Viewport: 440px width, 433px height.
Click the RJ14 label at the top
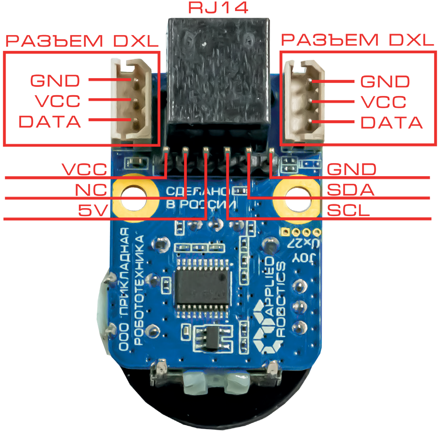[218, 8]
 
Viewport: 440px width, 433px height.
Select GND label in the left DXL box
[55, 81]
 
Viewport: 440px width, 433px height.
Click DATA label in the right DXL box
[391, 122]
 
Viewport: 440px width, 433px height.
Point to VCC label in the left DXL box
[58, 101]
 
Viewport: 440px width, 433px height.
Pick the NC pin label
[91, 190]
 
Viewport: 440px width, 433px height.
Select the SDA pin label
[351, 190]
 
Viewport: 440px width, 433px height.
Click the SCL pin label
[349, 211]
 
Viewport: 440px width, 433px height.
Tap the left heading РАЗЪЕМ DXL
[81, 41]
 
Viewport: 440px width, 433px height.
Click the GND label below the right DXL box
[352, 169]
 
